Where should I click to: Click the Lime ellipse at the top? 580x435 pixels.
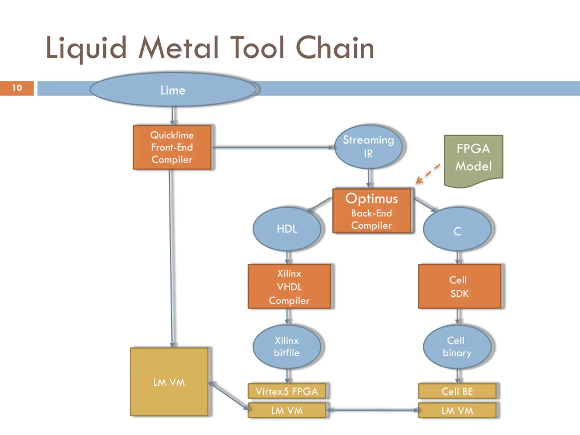(x=173, y=89)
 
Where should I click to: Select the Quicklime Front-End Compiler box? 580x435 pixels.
(x=172, y=147)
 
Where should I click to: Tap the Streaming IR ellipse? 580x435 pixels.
(x=368, y=147)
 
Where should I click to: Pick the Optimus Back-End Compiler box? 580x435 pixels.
(x=372, y=211)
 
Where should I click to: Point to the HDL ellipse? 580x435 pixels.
(x=287, y=229)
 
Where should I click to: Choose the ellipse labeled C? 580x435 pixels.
(x=457, y=229)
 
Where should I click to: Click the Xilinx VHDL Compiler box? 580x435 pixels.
(x=289, y=286)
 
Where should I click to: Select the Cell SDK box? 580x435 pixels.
(x=459, y=286)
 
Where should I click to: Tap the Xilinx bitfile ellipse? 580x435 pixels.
(x=287, y=347)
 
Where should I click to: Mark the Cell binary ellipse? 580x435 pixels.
(x=457, y=347)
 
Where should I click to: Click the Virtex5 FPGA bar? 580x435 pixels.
(x=287, y=391)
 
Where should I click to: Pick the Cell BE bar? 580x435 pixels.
(x=457, y=391)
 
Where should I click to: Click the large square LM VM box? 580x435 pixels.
(x=169, y=382)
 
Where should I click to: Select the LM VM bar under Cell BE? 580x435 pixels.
(x=457, y=410)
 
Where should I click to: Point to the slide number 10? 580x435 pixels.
(x=17, y=88)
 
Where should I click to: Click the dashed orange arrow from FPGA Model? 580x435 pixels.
(x=428, y=174)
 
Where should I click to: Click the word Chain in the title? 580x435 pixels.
(x=335, y=48)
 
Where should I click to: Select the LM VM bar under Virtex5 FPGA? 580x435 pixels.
(x=287, y=410)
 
